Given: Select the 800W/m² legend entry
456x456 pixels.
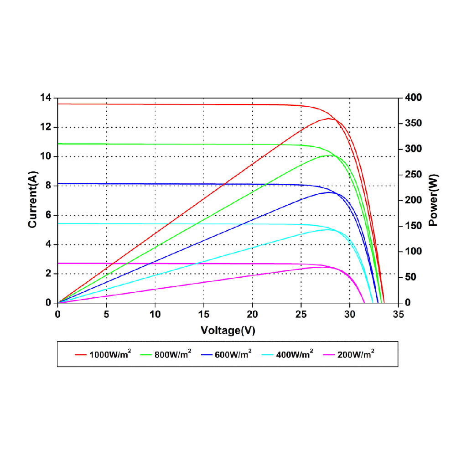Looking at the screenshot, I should click(x=173, y=353).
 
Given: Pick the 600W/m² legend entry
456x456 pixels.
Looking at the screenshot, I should click(x=233, y=353).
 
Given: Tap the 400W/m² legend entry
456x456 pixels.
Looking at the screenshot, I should click(x=295, y=353).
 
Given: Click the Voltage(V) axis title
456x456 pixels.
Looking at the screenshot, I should click(x=228, y=331).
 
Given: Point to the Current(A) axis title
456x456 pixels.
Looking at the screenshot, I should click(x=32, y=201).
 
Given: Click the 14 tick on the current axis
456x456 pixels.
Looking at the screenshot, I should click(x=47, y=98).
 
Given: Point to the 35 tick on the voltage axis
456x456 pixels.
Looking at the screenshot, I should click(x=398, y=314).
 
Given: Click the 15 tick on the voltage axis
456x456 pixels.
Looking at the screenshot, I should click(x=204, y=314).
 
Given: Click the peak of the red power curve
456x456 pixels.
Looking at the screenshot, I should click(x=328, y=119).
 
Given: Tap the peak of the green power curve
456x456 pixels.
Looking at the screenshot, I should click(x=328, y=155).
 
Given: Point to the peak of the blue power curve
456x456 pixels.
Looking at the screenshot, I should click(x=328, y=192).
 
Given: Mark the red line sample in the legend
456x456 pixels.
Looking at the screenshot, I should click(x=81, y=354).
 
